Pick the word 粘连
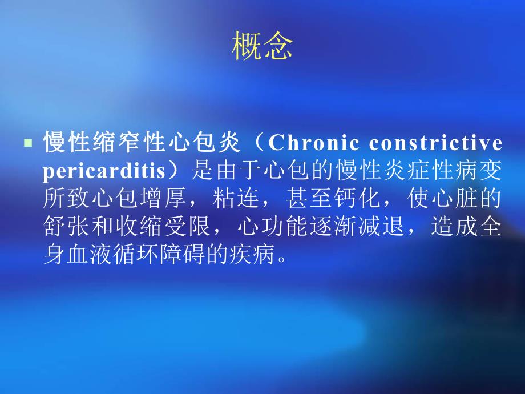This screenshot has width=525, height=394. [x=262, y=199]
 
